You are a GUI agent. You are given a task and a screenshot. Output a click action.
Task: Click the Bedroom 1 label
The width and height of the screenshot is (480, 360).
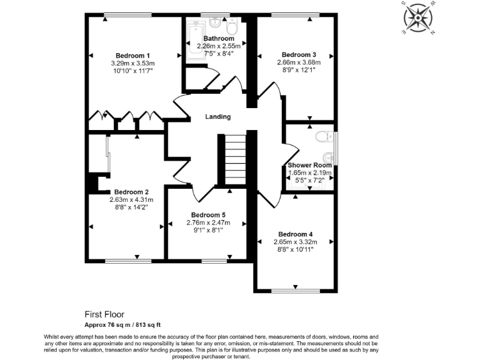click(132, 55)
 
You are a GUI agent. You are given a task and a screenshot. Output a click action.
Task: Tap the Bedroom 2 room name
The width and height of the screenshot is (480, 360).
click(131, 192)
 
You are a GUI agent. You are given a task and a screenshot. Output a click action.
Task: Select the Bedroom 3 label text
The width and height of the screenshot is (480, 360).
click(299, 54)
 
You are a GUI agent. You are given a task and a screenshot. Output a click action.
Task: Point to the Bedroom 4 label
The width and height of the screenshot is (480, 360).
click(295, 234)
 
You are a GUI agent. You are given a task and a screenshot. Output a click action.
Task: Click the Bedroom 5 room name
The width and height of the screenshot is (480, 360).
click(208, 215)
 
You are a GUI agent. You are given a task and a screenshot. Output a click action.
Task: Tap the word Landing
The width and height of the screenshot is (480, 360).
click(218, 117)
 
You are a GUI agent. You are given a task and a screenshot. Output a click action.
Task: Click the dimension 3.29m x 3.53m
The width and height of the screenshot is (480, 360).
click(132, 63)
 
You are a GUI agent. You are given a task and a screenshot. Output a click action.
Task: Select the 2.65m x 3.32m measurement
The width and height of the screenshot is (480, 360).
click(295, 242)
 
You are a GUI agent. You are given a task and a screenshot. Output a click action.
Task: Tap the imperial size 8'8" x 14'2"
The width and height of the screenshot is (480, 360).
click(131, 207)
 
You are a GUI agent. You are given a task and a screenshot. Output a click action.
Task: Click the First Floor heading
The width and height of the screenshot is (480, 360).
click(104, 314)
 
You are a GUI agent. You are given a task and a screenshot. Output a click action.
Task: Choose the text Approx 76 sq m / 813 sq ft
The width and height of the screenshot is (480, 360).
click(123, 324)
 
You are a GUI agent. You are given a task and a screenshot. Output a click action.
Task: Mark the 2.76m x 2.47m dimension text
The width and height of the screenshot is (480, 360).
click(208, 222)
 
